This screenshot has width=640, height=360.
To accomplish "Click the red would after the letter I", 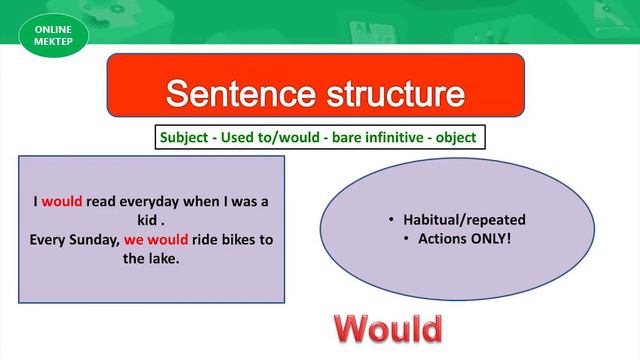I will [x=62, y=200].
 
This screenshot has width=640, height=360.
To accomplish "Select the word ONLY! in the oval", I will [x=488, y=239].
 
